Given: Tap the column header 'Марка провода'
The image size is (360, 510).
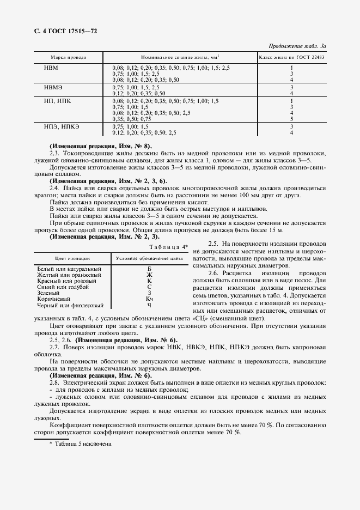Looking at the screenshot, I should [68, 57].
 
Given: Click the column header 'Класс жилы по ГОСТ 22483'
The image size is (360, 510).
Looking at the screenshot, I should [291, 57].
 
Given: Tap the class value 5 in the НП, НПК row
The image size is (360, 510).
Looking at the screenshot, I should [292, 118].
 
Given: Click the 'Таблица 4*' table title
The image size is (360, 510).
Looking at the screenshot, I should [168, 247].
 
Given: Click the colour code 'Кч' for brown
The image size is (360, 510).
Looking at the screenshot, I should [149, 299].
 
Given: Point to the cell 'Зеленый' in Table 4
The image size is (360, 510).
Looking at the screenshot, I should [50, 293].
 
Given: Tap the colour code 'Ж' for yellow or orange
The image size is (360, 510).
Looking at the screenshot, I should [149, 275].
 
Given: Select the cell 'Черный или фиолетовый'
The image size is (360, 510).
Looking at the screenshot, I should [70, 305].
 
